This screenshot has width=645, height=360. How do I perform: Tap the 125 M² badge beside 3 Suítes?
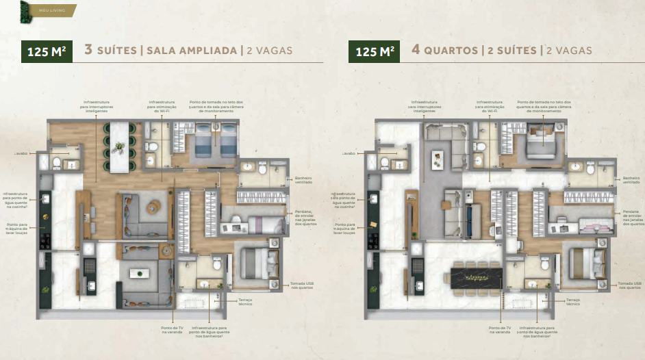click(47, 51)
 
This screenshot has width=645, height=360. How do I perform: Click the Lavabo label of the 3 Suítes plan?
click(19, 154)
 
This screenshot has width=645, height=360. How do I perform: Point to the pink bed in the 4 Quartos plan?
click(593, 224)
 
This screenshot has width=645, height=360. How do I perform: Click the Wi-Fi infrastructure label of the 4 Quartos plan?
click(490, 107)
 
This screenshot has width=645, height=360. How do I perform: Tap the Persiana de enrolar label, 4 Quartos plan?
click(631, 218)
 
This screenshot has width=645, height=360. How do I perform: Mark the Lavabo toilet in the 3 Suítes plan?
click(58, 162)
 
